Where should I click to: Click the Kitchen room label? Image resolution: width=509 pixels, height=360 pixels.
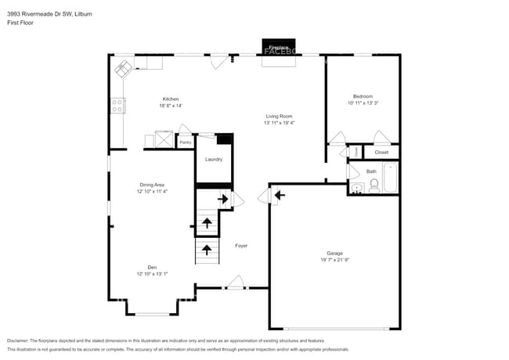[171, 99]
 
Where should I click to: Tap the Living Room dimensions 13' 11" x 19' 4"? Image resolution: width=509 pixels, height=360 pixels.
[278, 123]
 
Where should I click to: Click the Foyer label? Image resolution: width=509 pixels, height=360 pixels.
[241, 246]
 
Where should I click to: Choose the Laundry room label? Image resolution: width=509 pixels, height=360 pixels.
[214, 159]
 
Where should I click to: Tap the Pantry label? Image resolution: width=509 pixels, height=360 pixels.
[186, 142]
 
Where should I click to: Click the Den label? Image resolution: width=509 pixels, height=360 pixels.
[153, 267]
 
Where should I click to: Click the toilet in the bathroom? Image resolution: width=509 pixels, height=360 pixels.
[374, 185]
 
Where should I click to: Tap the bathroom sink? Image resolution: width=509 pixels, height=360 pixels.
[356, 187]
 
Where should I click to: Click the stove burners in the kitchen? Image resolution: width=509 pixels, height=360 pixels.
[117, 105]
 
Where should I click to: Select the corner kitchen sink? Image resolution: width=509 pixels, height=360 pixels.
[124, 69]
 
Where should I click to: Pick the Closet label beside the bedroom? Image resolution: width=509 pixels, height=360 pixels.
[381, 153]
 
